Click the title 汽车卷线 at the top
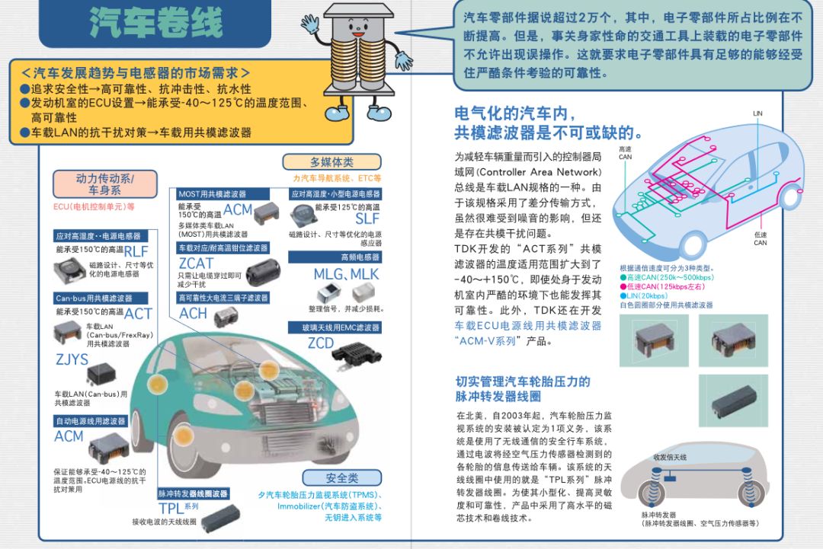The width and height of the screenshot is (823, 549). click(156, 23)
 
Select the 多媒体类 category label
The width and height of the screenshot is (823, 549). click(331, 162)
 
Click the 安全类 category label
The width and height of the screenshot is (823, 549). click(341, 478)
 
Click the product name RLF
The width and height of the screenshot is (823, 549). click(136, 251)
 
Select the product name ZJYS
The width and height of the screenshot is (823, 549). click(72, 359)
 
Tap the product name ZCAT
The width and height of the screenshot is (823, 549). click(196, 263)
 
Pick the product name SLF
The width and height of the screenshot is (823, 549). click(367, 219)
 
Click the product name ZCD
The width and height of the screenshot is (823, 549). click(321, 343)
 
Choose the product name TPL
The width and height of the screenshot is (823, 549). click(171, 508)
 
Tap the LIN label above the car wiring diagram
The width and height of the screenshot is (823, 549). click(757, 113)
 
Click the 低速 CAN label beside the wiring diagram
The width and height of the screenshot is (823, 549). click(761, 238)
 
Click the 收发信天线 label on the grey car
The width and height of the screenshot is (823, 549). click(670, 457)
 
